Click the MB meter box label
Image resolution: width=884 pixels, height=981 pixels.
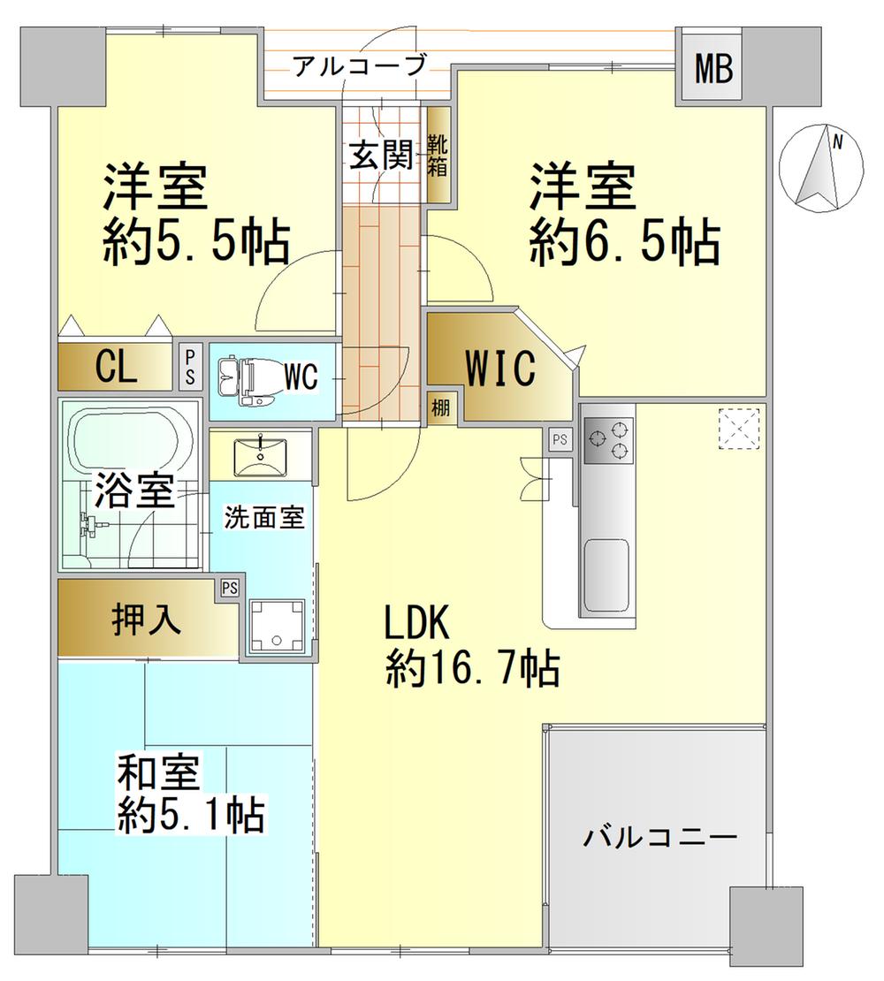(x=713, y=69)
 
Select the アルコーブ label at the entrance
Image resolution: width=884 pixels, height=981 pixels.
(x=361, y=65)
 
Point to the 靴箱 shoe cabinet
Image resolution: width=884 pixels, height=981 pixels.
(x=438, y=156)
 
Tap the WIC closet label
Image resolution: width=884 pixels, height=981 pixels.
(x=500, y=369)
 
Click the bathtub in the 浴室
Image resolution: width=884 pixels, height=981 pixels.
(x=132, y=437)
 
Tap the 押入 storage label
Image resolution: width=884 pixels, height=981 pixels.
(x=147, y=619)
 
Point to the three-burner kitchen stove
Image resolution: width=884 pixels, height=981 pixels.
(x=609, y=440)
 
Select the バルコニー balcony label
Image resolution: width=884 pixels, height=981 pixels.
(x=659, y=836)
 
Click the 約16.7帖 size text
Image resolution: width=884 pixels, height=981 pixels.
(x=471, y=669)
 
